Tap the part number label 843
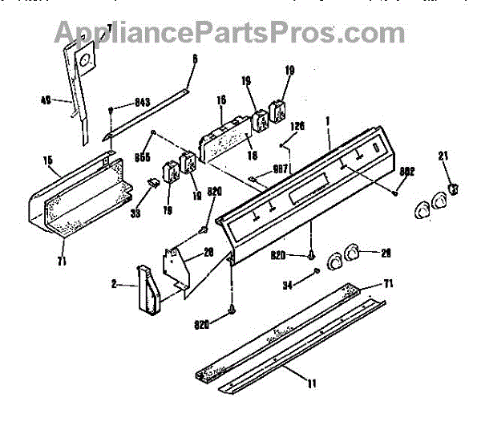tap(141, 102)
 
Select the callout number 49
tap(46, 101)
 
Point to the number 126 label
tap(297, 126)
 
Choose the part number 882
tap(407, 172)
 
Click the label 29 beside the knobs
tap(386, 254)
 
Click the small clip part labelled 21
tap(455, 189)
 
